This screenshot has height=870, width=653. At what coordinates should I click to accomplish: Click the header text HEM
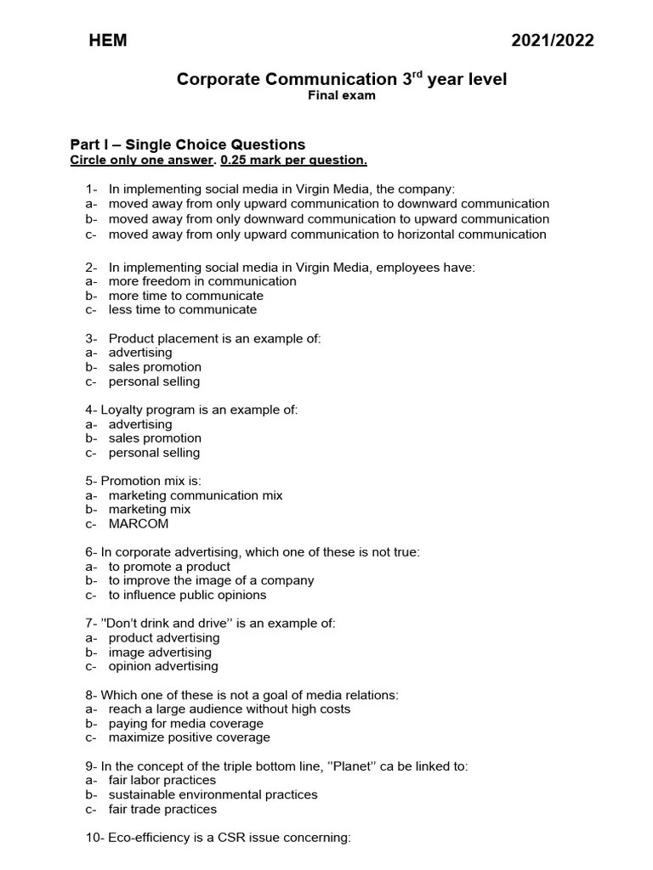pyautogui.click(x=108, y=41)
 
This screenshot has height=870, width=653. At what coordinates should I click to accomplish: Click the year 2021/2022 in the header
pyautogui.click(x=553, y=41)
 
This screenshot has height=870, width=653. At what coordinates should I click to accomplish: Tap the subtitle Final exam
pyautogui.click(x=341, y=95)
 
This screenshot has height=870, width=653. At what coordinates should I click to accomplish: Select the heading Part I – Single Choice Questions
pyautogui.click(x=187, y=144)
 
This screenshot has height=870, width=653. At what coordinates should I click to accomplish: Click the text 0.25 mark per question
pyautogui.click(x=294, y=160)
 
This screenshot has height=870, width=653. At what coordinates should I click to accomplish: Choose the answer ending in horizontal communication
pyautogui.click(x=327, y=234)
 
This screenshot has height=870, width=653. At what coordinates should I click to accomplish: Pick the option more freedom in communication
pyautogui.click(x=202, y=281)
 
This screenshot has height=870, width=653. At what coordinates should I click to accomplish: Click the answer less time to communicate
pyautogui.click(x=182, y=310)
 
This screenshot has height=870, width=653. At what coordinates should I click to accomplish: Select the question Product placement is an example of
pyautogui.click(x=214, y=338)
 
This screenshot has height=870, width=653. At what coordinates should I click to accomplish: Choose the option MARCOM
pyautogui.click(x=139, y=523)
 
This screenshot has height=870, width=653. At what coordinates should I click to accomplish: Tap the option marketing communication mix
pyautogui.click(x=196, y=495)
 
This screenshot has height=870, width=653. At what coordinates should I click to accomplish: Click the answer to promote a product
pyautogui.click(x=169, y=567)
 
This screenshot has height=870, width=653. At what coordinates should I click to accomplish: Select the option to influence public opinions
pyautogui.click(x=187, y=595)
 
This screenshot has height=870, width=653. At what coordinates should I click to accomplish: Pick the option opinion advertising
pyautogui.click(x=163, y=666)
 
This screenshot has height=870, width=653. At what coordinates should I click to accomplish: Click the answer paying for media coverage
pyautogui.click(x=186, y=723)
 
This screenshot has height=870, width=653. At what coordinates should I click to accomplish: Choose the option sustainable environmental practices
pyautogui.click(x=213, y=794)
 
